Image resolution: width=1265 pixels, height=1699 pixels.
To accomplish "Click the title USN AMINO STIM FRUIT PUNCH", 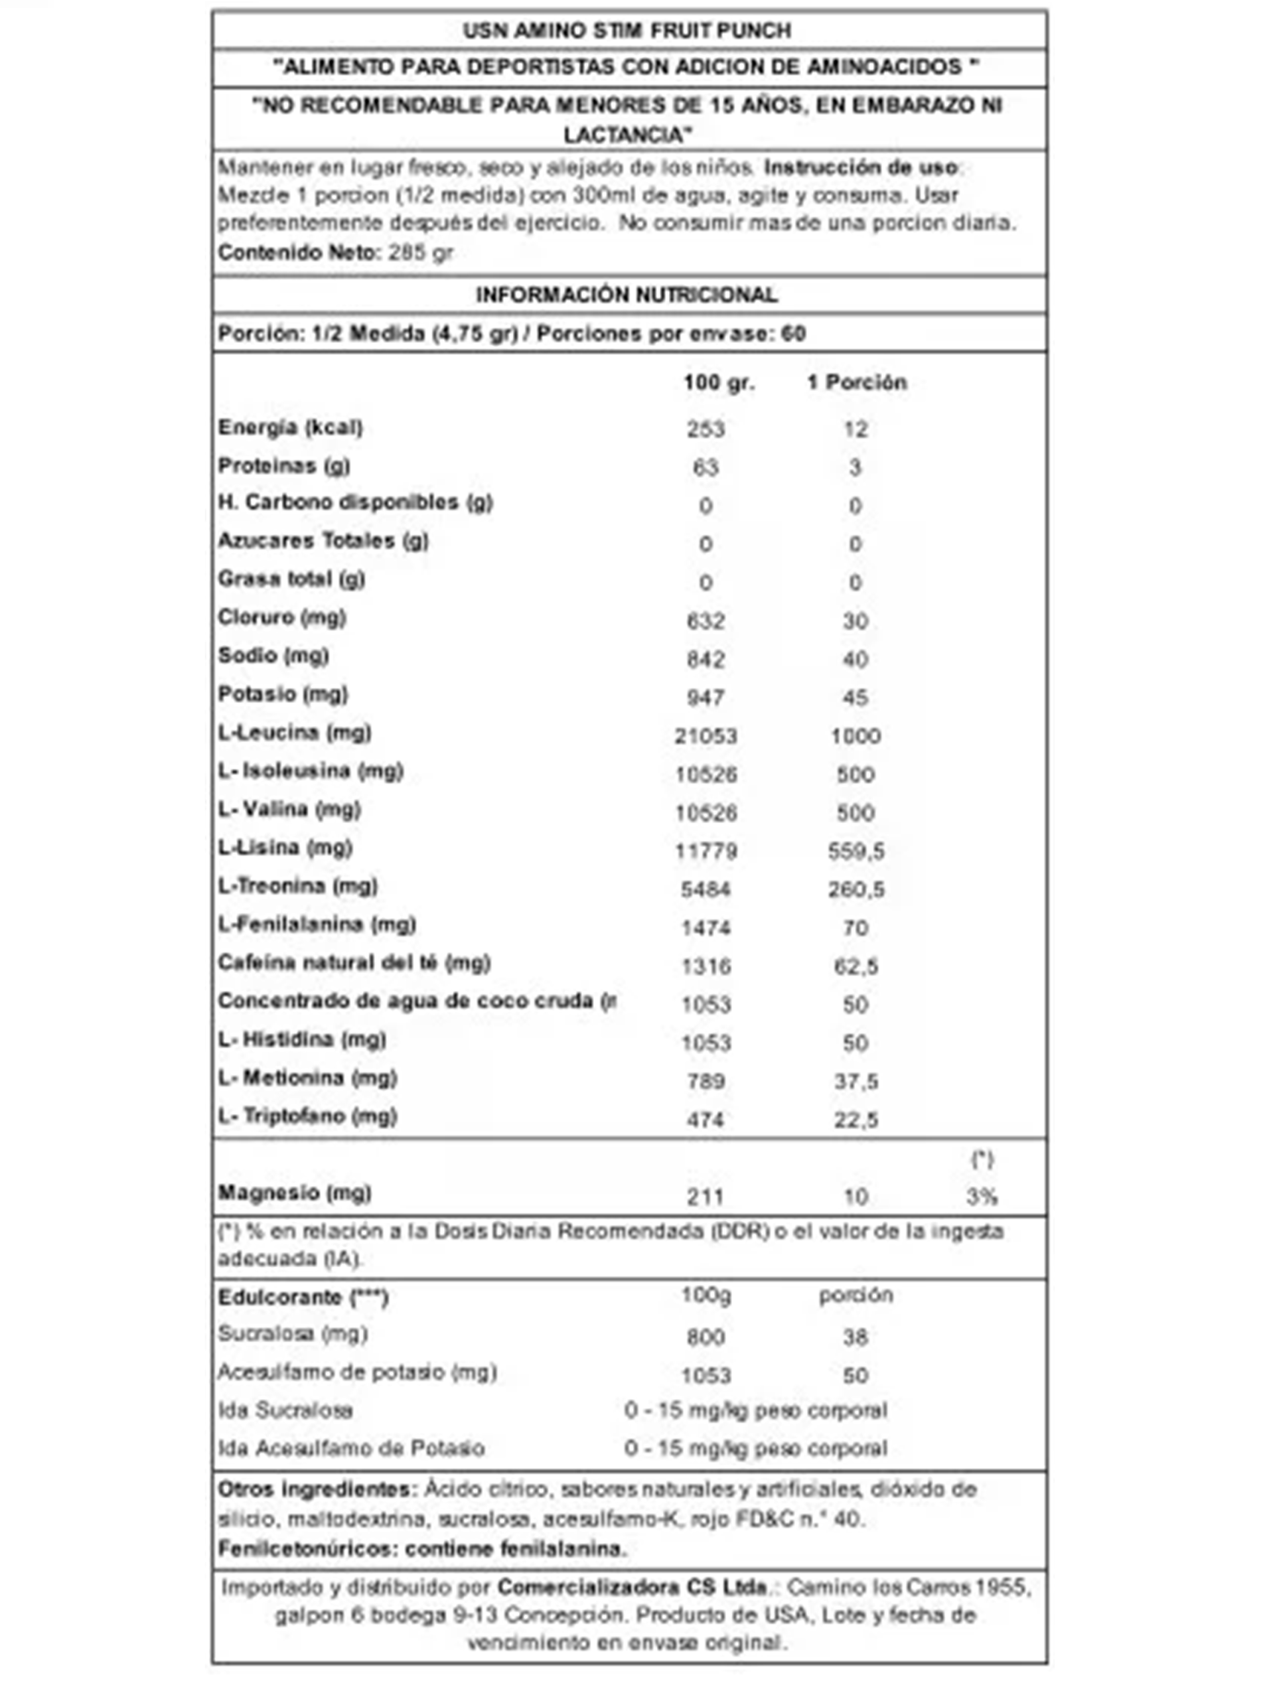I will (627, 31).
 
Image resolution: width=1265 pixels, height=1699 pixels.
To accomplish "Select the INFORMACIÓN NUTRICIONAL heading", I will (627, 295).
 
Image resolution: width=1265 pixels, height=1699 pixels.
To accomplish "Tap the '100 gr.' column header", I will (718, 382).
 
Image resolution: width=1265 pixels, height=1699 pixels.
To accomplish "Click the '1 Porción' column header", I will (856, 382).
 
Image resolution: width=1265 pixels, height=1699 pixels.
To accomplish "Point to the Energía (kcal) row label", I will (290, 427).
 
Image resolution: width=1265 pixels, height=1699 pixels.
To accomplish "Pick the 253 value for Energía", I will (706, 429).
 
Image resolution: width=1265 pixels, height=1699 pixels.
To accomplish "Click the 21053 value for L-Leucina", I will (706, 736).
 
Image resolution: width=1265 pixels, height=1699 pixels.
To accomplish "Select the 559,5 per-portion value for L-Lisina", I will (856, 851).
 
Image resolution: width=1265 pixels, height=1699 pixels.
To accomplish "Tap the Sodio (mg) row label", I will (273, 656).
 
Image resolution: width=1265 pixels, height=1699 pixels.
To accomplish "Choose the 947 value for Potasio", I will (706, 698).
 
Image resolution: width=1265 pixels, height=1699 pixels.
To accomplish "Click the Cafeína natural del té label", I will (354, 962).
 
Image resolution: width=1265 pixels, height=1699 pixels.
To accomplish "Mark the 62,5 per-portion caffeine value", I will (856, 966).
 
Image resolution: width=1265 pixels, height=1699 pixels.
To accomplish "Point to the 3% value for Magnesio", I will (981, 1196).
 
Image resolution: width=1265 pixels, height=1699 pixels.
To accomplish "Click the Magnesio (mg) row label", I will (295, 1192).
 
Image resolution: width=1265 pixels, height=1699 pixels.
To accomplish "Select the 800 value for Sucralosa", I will (706, 1337).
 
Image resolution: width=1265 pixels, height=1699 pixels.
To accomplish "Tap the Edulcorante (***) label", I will (303, 1297).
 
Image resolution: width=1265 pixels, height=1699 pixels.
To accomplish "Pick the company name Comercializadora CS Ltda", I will (632, 1586).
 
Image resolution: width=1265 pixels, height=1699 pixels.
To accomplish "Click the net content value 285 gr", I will (420, 252).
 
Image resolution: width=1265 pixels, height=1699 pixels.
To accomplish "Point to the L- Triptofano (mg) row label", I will (307, 1116).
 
